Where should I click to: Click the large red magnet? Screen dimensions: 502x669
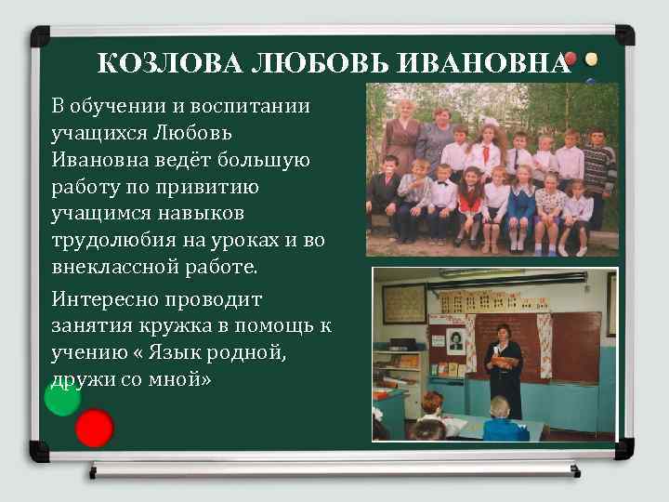coord(94,429)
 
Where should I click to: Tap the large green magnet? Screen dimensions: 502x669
coord(62,397)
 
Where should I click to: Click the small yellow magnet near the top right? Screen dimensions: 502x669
coord(591,59)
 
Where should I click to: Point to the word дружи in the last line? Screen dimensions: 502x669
coord(80,379)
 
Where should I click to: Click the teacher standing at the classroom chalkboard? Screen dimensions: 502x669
coord(505,366)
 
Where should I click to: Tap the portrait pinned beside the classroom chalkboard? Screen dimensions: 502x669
coord(456,341)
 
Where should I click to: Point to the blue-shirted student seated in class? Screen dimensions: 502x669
coord(499,423)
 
